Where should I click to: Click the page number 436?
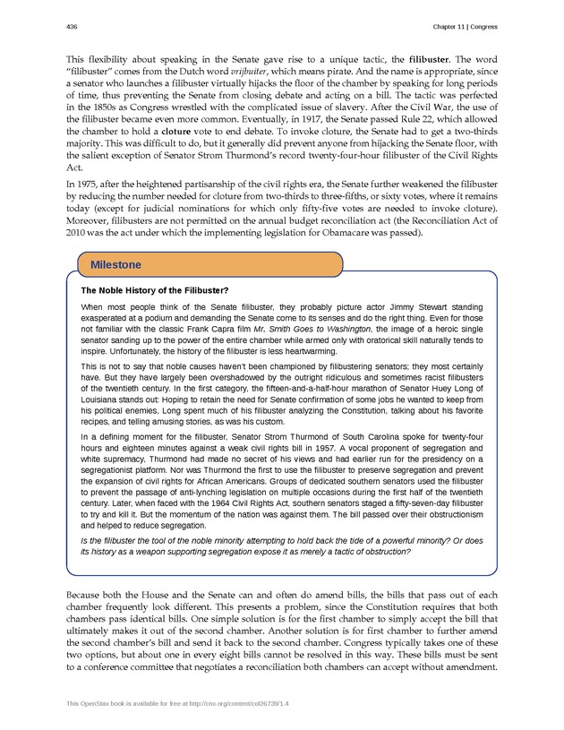pyautogui.click(x=72, y=27)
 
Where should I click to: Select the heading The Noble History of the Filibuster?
pyautogui.click(x=154, y=290)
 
